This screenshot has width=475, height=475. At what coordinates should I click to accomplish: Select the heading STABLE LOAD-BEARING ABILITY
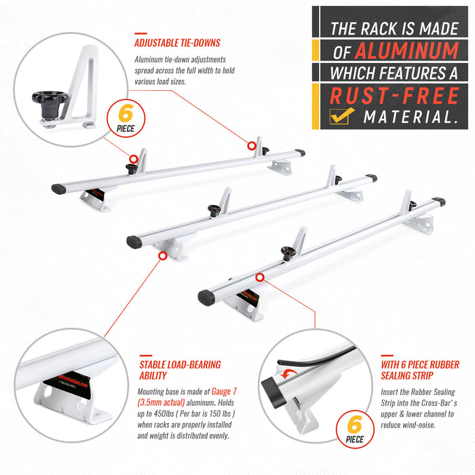tap(179, 371)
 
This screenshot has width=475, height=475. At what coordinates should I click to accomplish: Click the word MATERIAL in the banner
tap(408, 117)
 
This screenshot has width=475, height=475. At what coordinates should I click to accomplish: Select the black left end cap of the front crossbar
tap(206, 297)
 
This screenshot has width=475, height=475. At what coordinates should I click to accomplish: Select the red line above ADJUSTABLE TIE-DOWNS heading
tap(140, 33)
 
